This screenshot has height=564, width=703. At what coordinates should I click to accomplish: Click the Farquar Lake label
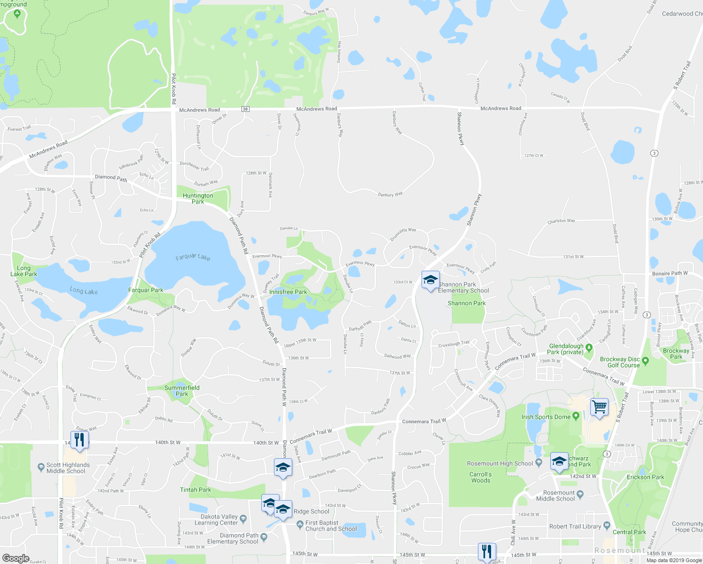tap(193, 257)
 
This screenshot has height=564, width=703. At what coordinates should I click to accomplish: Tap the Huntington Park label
tap(198, 198)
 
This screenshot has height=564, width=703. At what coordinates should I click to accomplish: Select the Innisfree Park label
tap(288, 292)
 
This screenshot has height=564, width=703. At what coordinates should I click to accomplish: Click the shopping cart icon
tap(599, 407)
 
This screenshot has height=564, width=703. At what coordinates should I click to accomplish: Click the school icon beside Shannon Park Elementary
tap(430, 281)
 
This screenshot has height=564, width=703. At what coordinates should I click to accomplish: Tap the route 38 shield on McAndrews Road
tap(245, 109)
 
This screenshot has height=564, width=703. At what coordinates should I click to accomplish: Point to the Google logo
tap(16, 558)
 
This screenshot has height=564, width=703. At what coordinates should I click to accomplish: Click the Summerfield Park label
tap(182, 391)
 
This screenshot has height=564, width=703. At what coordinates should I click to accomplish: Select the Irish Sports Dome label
tap(546, 417)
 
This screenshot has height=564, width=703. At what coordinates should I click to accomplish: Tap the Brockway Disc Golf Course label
tap(620, 362)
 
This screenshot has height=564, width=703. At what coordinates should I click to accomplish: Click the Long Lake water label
tap(84, 291)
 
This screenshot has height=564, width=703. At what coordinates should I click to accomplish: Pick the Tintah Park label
tap(195, 490)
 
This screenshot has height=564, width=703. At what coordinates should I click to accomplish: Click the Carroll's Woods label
tap(480, 477)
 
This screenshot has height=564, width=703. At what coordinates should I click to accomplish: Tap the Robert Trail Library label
tap(575, 526)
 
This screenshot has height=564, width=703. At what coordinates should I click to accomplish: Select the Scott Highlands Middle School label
tap(68, 468)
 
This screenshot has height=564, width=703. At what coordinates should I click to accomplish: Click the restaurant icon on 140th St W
tap(79, 440)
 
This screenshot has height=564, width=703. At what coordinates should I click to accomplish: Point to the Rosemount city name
tap(620, 550)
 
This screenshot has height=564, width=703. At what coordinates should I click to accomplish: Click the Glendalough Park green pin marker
tap(589, 348)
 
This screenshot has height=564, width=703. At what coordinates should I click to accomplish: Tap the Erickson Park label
tap(645, 477)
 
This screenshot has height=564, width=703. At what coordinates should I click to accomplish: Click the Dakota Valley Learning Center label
tap(216, 519)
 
